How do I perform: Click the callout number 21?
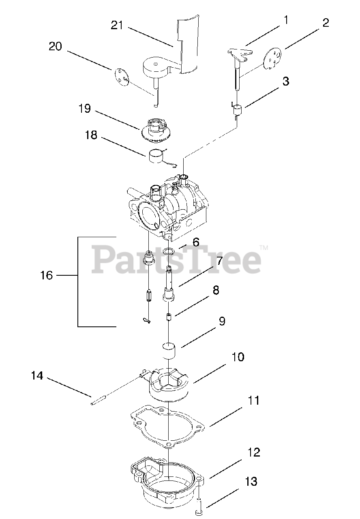click(x=117, y=25)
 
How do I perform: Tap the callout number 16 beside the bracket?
click(x=47, y=275)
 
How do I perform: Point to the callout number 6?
click(x=196, y=242)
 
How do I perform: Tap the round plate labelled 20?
click(x=121, y=77)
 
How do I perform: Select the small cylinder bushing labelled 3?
click(x=237, y=110)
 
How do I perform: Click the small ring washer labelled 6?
click(x=170, y=252)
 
